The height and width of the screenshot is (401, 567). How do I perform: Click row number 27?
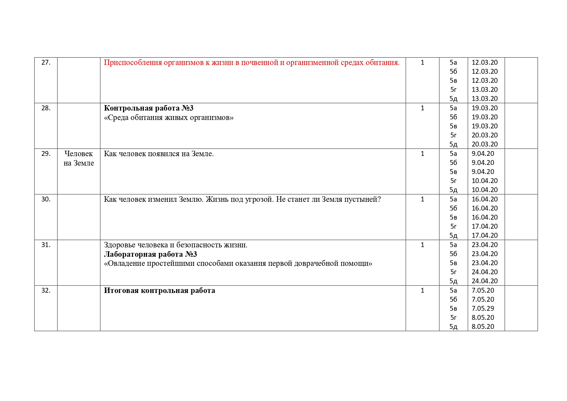coord(46,62)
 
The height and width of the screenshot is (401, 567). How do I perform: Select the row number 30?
coord(46,199)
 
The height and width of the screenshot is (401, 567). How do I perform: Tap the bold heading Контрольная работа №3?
coord(149,108)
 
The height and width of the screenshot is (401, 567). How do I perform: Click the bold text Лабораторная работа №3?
coord(150,254)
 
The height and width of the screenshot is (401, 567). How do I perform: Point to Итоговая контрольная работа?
coord(159,290)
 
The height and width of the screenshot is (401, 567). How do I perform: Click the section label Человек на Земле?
coord(79,158)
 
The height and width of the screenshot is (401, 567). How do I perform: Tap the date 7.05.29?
coord(483,309)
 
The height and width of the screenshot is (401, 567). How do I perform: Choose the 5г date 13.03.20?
coord(485,90)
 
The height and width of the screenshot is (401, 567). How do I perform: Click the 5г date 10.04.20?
coord(485,181)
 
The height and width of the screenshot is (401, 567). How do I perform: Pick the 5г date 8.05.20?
coord(483,318)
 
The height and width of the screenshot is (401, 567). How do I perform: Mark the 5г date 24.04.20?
coord(485,272)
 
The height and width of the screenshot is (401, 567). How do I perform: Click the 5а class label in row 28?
coord(453,108)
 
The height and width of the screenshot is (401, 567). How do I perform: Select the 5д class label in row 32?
coord(453,327)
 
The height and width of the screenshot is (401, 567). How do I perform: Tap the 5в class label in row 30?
coord(453,217)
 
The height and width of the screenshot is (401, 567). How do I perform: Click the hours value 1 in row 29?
coord(422,154)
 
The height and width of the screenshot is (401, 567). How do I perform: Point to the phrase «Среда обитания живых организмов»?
coord(169,117)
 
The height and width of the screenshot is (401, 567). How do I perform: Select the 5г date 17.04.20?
coord(485,226)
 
